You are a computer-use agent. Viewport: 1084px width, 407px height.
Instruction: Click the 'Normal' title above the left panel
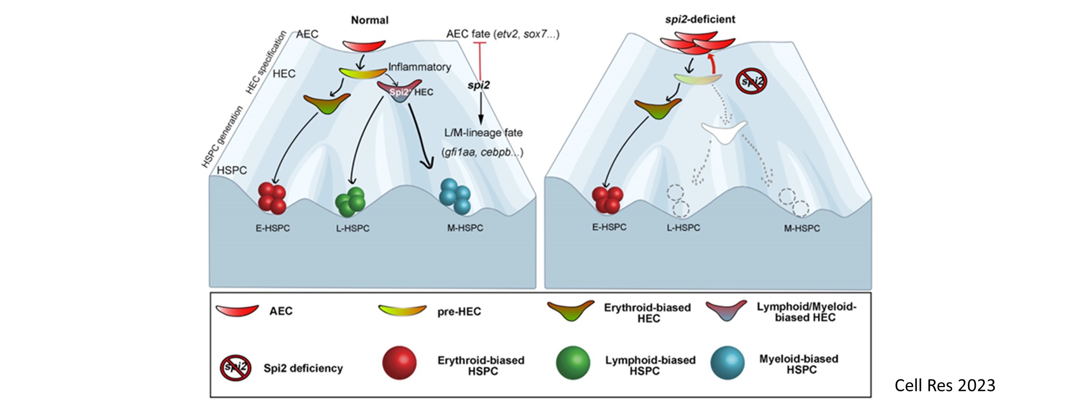coord(370,20)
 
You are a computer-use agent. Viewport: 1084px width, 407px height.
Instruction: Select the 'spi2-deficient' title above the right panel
coord(700,19)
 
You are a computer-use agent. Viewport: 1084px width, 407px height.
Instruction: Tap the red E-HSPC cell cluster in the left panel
coord(272,198)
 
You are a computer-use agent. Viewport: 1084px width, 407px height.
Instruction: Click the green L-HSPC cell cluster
coord(351,202)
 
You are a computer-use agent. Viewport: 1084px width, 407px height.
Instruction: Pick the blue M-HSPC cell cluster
coord(455,196)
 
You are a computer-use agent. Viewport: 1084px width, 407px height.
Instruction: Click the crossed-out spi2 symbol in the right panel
coord(752,82)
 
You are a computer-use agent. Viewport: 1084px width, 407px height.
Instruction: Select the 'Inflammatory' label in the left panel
coord(420,67)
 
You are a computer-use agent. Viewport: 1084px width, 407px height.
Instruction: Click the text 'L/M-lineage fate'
coord(483,132)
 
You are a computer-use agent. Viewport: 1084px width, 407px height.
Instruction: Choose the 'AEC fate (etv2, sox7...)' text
coord(502,34)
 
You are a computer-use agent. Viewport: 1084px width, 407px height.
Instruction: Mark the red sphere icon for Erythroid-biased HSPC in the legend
coord(399,363)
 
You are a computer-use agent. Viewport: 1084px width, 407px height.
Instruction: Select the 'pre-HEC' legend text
coord(459,312)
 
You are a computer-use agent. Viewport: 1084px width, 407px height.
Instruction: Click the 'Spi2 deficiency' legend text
coord(303,368)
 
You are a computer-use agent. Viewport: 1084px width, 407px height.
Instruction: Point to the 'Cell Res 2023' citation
coord(945,385)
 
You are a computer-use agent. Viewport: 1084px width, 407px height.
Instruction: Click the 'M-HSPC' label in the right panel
coord(802,228)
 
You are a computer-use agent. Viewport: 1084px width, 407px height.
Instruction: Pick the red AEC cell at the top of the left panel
coord(364,45)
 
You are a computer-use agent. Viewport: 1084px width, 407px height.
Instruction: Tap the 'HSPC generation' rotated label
coord(222,137)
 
